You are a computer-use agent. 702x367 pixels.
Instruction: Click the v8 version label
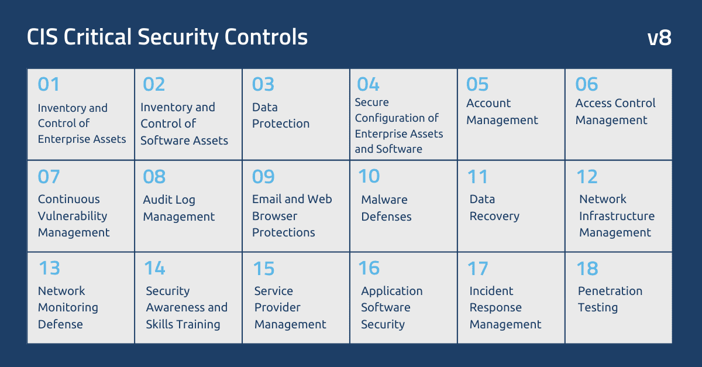tap(659, 38)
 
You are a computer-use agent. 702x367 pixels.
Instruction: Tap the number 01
tap(49, 85)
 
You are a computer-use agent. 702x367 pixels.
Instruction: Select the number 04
tap(368, 85)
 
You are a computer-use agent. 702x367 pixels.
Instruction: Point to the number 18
tap(587, 269)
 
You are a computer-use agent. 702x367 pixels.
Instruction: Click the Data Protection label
tap(281, 115)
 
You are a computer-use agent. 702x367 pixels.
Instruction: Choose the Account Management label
tap(502, 112)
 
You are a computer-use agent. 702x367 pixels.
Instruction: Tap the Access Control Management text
tap(615, 112)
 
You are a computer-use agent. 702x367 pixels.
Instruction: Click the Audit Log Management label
tap(179, 208)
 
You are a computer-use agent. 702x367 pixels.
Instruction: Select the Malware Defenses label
tap(386, 208)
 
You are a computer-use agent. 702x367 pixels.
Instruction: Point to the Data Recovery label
tap(494, 208)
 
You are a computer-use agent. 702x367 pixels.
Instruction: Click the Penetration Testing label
tap(610, 299)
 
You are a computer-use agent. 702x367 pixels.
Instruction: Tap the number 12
tap(587, 177)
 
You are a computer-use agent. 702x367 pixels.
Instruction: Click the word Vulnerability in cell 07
tap(73, 216)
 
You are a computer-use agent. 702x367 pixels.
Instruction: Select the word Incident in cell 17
tap(491, 291)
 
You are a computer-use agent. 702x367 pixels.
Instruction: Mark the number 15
tap(264, 269)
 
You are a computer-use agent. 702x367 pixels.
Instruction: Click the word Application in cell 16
tap(391, 291)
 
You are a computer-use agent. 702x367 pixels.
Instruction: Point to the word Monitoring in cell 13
tap(68, 307)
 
